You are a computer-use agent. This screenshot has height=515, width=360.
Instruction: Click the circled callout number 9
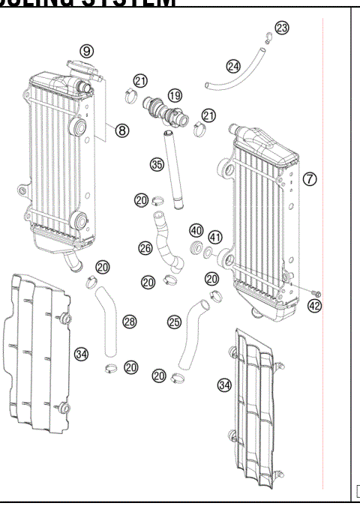tap(88, 51)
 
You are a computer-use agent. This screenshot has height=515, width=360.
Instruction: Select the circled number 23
tap(282, 28)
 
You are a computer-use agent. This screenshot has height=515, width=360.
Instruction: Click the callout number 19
tap(174, 95)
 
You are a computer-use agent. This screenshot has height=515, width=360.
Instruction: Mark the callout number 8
tap(121, 130)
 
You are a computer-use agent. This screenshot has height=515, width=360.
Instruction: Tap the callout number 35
tap(157, 165)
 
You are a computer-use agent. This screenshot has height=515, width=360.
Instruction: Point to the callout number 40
tap(196, 230)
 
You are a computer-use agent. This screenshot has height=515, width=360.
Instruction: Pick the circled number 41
tap(215, 238)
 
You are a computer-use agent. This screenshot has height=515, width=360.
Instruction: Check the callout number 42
tap(314, 305)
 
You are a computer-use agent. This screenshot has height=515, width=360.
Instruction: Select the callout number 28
tap(130, 322)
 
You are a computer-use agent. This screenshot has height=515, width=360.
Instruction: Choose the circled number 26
tap(144, 246)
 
